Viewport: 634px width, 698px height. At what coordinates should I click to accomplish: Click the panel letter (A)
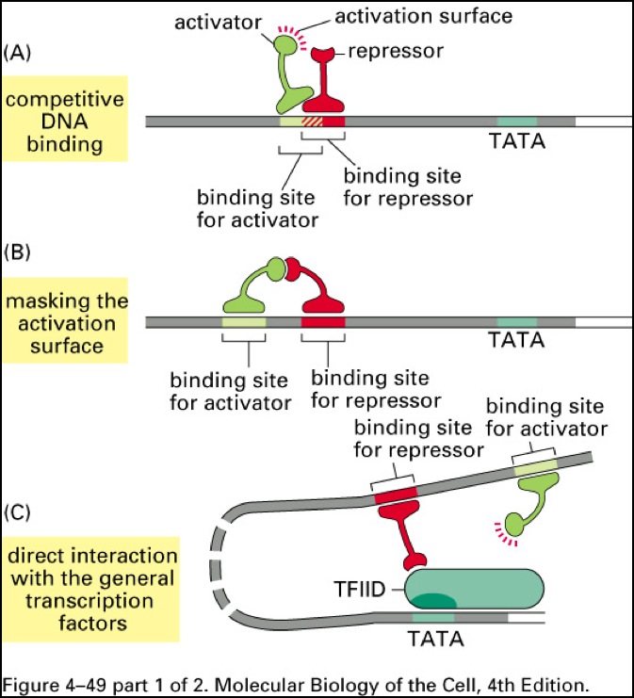pyautogui.click(x=21, y=53)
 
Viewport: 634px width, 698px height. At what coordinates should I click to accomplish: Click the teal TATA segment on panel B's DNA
pyautogui.click(x=517, y=322)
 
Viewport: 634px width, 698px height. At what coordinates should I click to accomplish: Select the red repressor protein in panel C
pyautogui.click(x=405, y=532)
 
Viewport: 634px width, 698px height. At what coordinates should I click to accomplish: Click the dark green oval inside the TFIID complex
pyautogui.click(x=432, y=600)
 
